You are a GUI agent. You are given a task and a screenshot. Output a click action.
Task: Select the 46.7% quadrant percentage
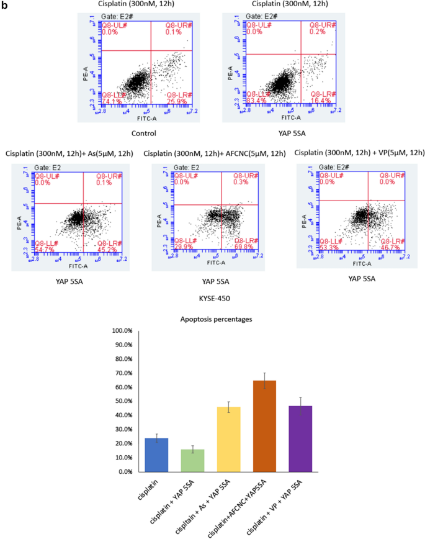(388, 247)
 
